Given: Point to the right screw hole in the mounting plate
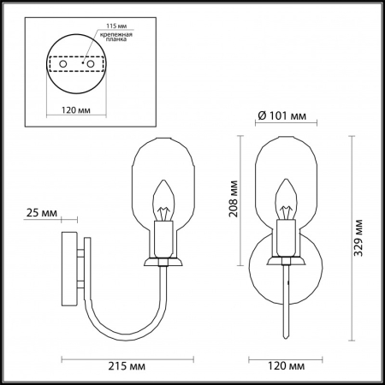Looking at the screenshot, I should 86,62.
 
